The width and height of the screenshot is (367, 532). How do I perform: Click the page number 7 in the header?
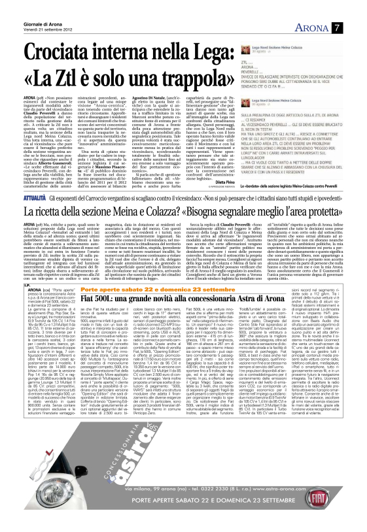(354, 27)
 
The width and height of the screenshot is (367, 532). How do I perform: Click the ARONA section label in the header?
(326, 27)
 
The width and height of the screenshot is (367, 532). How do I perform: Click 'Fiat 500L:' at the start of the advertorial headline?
(97, 298)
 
